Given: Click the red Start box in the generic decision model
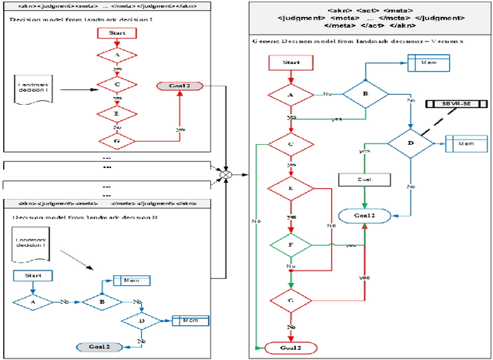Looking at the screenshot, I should point(291,61).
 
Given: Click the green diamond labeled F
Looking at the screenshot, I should point(290,247).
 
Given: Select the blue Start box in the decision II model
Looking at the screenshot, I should point(32,275).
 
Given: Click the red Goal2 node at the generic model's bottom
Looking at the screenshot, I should point(290,348).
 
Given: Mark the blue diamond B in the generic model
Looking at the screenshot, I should point(364,93).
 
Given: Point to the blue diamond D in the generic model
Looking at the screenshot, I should point(411,143).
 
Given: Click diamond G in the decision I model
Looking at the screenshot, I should point(116,140).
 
